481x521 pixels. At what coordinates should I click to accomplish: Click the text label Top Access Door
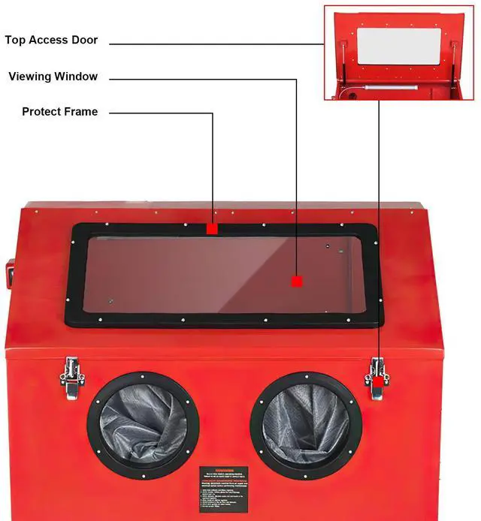51,40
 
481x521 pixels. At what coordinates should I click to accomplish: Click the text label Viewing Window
53,77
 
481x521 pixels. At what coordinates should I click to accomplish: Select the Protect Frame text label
59,112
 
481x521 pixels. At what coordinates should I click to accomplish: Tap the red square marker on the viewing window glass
297,281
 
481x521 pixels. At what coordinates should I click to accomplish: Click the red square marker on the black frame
213,228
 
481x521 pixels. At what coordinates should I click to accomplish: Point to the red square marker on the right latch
377,381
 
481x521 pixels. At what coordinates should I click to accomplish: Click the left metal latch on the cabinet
72,378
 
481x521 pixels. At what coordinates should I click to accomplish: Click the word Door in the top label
83,40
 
